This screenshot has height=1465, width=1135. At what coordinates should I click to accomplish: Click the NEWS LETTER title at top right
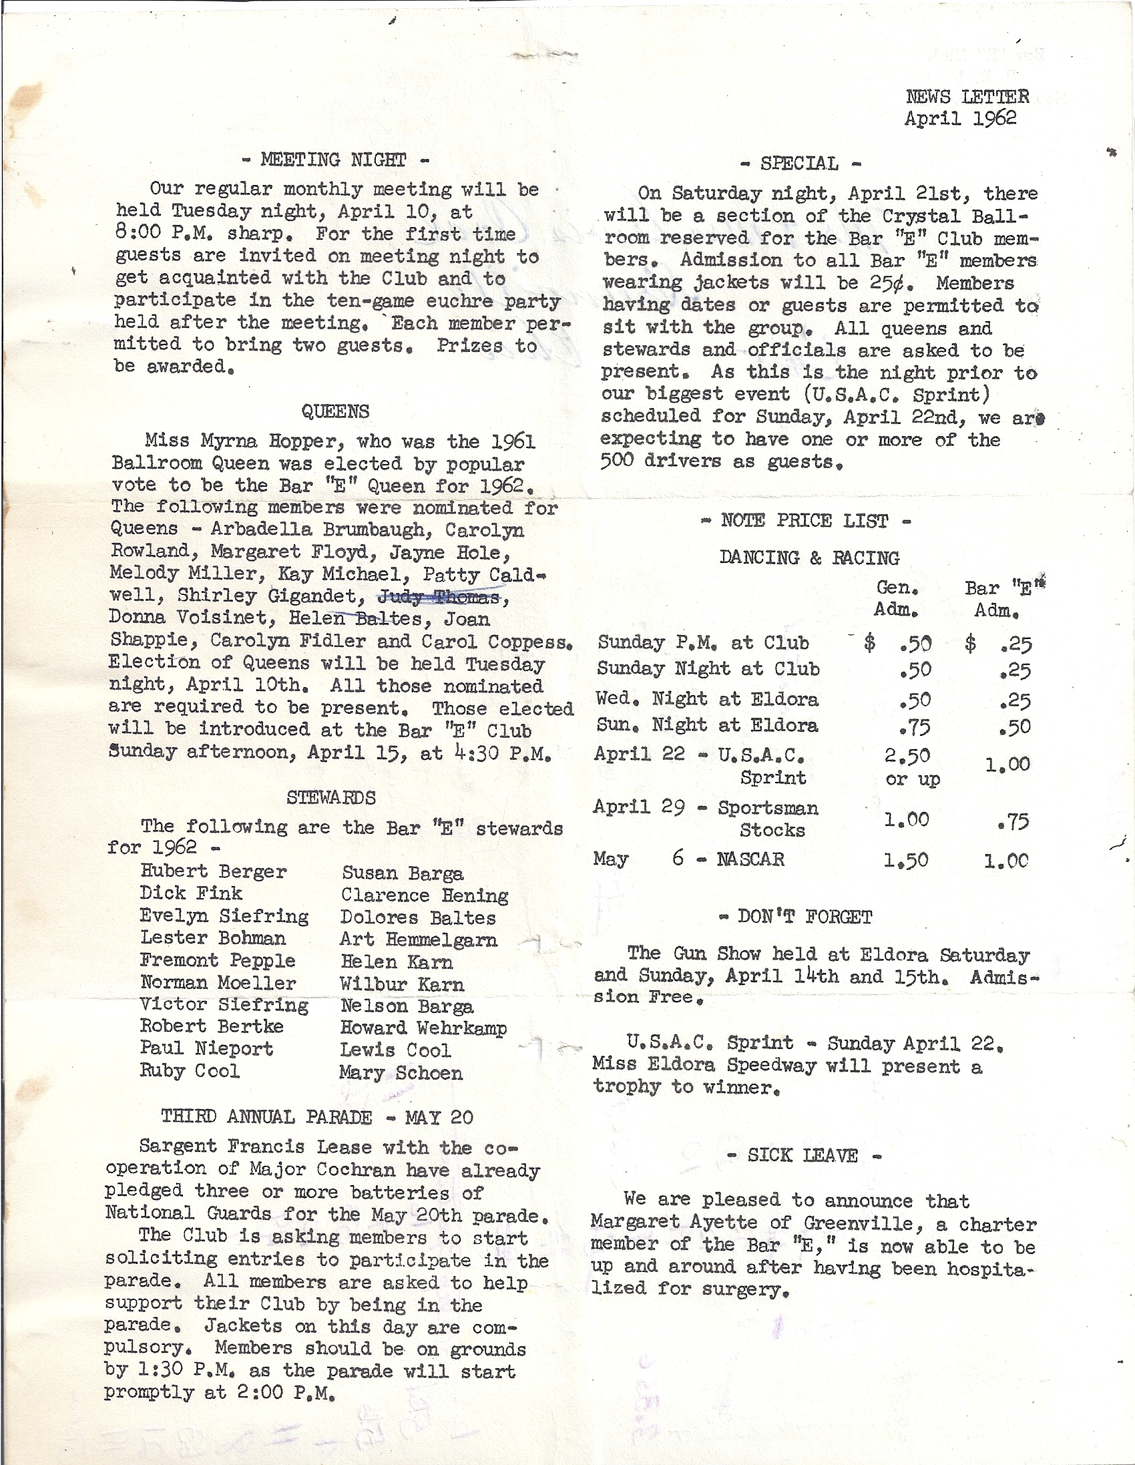click(967, 97)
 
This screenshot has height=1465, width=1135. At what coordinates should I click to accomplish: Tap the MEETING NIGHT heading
click(334, 160)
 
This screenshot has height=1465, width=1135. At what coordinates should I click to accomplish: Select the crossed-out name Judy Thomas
click(439, 596)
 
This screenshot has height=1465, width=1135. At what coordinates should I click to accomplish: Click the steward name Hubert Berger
click(214, 871)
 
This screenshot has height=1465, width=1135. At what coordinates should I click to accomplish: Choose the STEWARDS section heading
click(330, 797)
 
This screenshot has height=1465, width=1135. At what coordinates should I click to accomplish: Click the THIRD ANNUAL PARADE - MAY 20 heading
click(316, 1117)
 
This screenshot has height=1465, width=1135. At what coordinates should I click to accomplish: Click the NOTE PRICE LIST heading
click(805, 521)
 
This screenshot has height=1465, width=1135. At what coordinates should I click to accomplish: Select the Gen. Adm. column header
click(897, 599)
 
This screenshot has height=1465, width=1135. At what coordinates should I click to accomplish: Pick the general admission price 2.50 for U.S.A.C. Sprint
click(907, 756)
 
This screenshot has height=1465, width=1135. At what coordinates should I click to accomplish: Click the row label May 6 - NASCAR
click(688, 859)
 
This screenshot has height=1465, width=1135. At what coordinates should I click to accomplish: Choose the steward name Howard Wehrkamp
click(423, 1028)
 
